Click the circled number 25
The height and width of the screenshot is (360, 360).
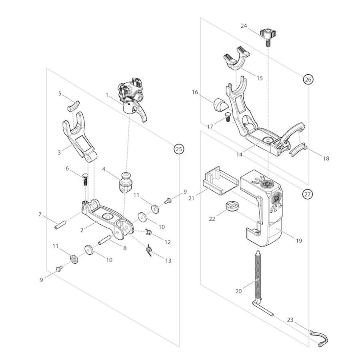tap(178, 149)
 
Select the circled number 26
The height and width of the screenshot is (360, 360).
tap(308, 80)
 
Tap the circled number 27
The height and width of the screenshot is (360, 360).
tap(307, 194)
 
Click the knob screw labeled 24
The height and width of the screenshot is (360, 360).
tap(267, 34)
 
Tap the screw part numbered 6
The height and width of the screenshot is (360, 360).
tap(85, 179)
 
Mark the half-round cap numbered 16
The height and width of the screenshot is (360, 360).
tap(220, 104)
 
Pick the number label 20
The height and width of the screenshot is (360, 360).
tap(238, 291)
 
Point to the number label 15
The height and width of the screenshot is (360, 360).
tap(260, 78)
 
